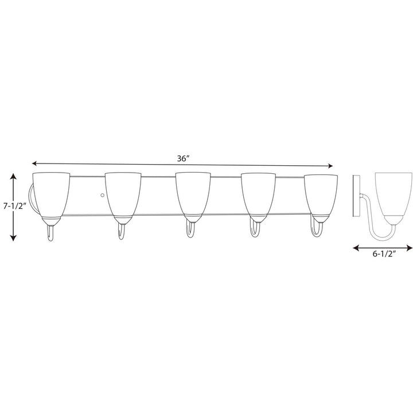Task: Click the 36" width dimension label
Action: [183, 159]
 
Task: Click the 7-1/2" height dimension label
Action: [14, 205]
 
